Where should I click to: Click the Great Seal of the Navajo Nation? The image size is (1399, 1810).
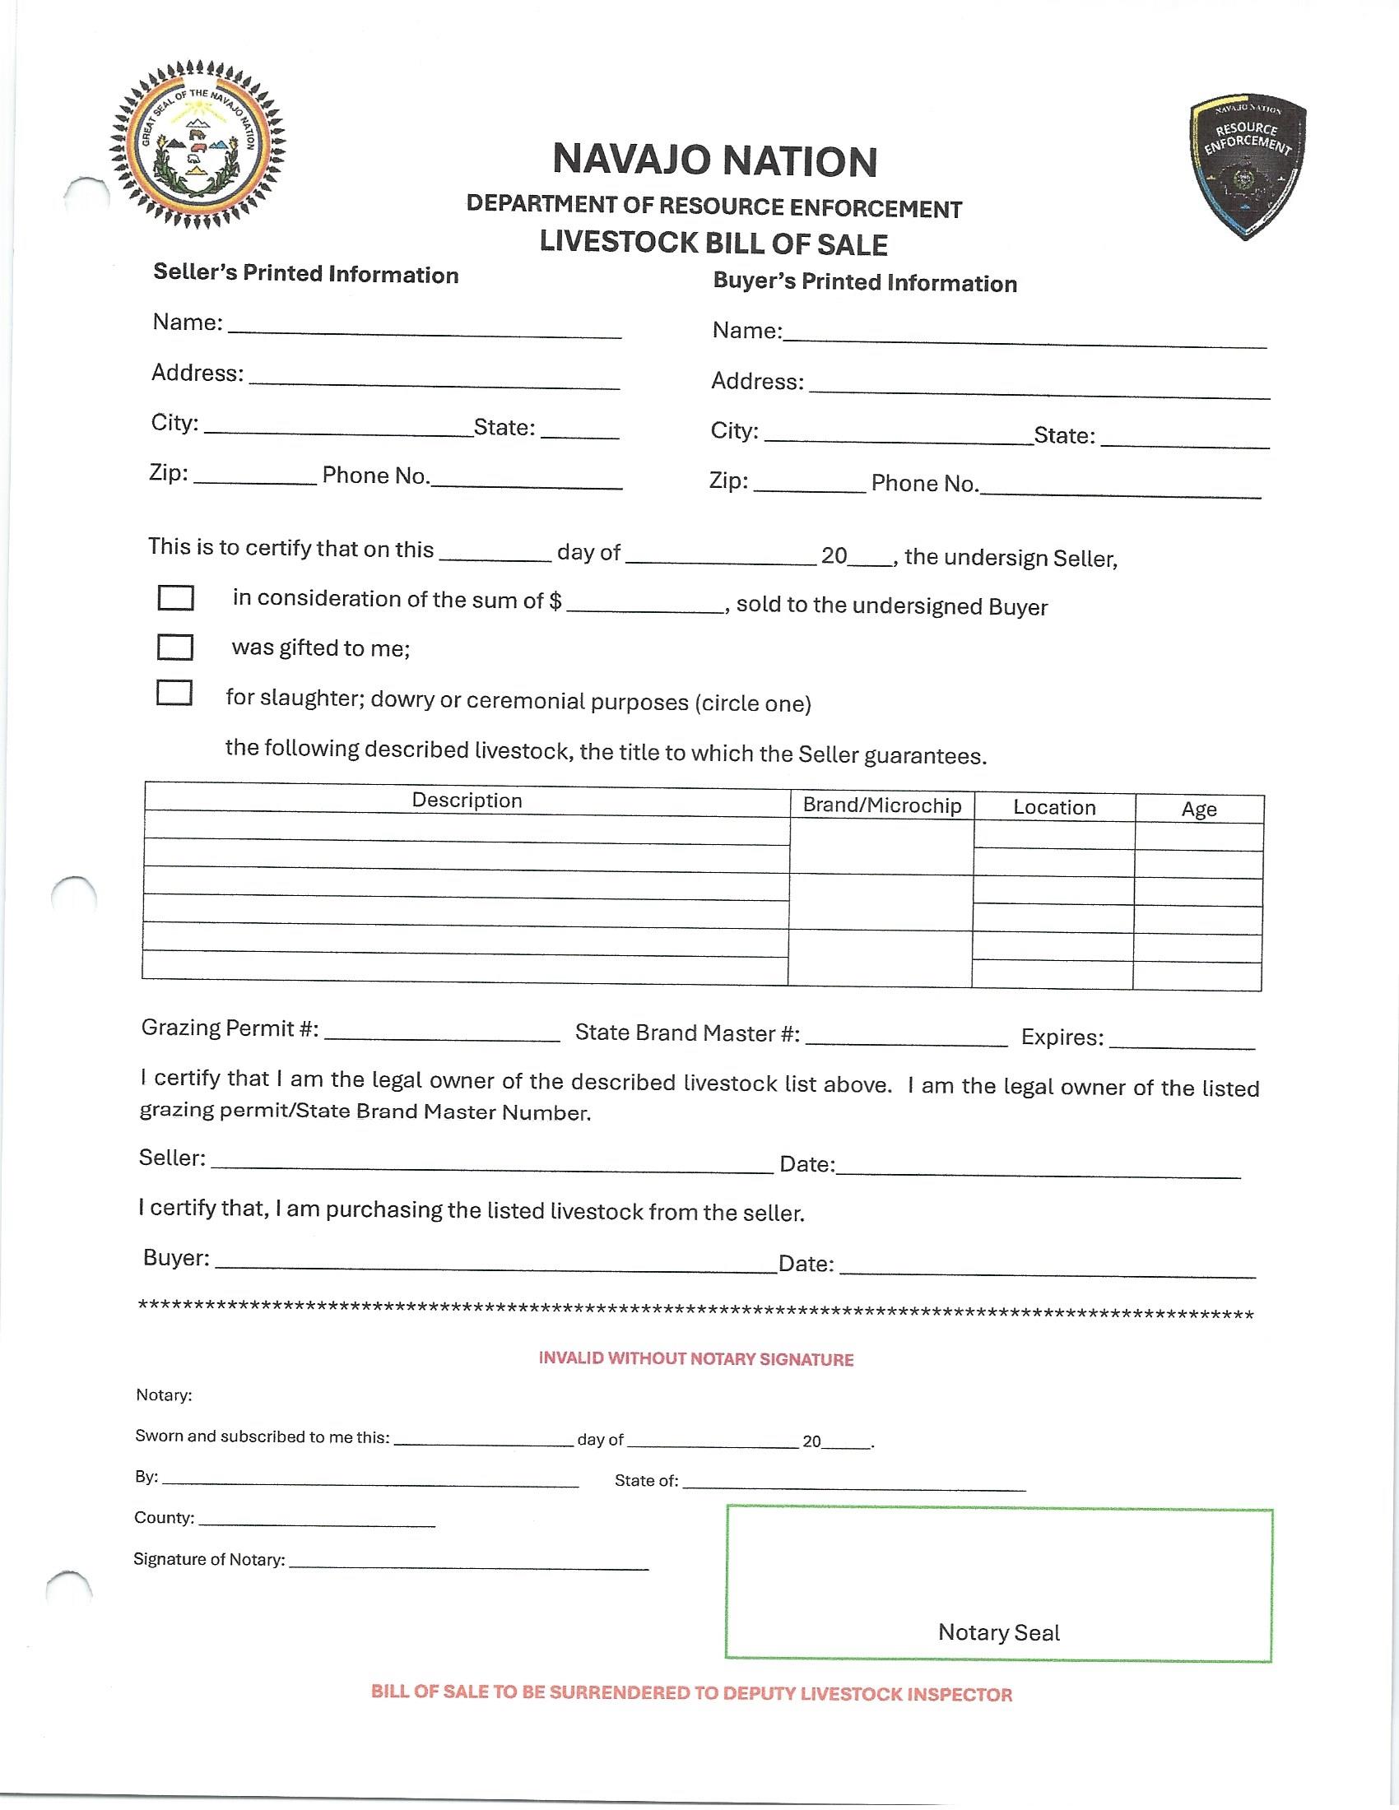198,145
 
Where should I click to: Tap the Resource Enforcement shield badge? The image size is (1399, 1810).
1248,169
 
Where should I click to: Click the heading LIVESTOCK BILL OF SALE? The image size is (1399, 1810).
713,244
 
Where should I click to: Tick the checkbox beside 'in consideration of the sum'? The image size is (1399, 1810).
176,597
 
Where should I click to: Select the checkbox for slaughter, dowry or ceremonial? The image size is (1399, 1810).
174,693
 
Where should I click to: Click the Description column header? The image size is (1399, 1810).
467,800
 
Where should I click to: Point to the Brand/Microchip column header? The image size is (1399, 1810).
882,805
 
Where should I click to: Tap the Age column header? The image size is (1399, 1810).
1198,809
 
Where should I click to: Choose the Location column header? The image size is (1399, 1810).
1053,807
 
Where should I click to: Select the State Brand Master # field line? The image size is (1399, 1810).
906,1039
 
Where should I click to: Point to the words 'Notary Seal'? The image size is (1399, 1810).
999,1631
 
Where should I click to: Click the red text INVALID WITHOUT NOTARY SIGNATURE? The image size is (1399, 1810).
696,1358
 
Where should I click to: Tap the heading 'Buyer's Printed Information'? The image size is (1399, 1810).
864,282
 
